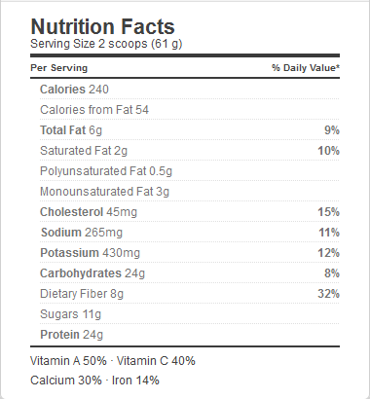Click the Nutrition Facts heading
[102, 26]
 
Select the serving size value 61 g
[166, 44]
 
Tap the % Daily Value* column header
[306, 68]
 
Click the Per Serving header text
[59, 68]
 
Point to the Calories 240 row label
[74, 90]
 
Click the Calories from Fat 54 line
[94, 110]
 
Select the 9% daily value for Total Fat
[332, 130]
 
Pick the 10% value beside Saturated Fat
[329, 151]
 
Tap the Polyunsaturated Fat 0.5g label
[106, 171]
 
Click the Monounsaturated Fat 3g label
[104, 192]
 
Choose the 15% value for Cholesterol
[329, 212]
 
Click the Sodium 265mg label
[82, 233]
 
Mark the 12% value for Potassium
[329, 253]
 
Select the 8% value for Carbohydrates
[332, 273]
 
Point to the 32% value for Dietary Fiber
[329, 294]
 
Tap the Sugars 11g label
[71, 314]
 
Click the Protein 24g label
[72, 335]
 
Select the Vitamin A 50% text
[68, 361]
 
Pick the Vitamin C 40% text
[156, 361]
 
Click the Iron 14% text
[135, 381]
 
